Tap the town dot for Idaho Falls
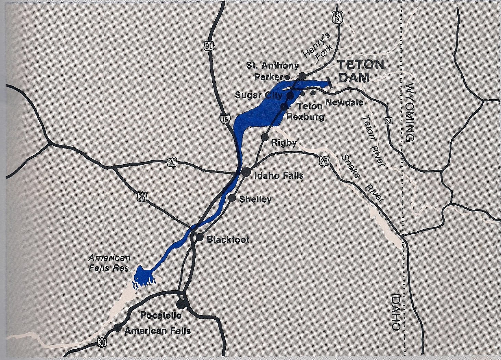coord(246,172)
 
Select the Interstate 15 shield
coord(224,119)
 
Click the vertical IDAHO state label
coord(396,311)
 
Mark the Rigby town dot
coord(264,137)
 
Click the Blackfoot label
coord(228,240)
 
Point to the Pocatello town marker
coord(180,304)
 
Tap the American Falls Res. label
coord(110,263)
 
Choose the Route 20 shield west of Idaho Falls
coord(172,163)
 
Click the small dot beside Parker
coord(287,77)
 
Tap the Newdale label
coord(344,102)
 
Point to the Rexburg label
coord(305,117)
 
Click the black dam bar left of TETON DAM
coord(329,83)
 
